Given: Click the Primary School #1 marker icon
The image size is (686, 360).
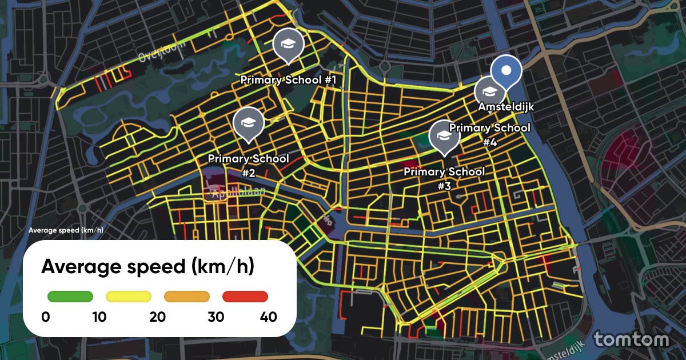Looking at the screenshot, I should [x=288, y=43].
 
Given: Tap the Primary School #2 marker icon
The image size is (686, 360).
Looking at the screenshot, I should [x=248, y=122].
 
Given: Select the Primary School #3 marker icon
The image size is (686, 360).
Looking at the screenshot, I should [x=444, y=135].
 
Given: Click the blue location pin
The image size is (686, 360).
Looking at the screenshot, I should [x=506, y=71].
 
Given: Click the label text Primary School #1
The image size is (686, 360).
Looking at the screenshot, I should [x=288, y=80].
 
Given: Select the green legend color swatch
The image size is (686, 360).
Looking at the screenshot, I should [x=70, y=296].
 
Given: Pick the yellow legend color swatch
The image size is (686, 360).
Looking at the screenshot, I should [x=129, y=296].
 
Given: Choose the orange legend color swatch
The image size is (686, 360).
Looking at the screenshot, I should [x=187, y=296].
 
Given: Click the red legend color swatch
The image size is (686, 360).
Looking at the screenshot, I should [x=245, y=296].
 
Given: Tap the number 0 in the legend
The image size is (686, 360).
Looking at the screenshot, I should [x=45, y=317].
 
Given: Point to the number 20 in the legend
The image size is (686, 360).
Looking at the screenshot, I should [x=157, y=317].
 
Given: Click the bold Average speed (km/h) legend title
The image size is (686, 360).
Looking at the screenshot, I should [x=147, y=266].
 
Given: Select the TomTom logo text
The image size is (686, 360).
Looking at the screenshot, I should [x=631, y=339].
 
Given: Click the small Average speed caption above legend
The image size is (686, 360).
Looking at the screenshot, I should [x=65, y=230].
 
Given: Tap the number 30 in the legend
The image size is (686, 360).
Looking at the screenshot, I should [x=216, y=317].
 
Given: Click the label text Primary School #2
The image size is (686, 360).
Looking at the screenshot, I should [x=248, y=165].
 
